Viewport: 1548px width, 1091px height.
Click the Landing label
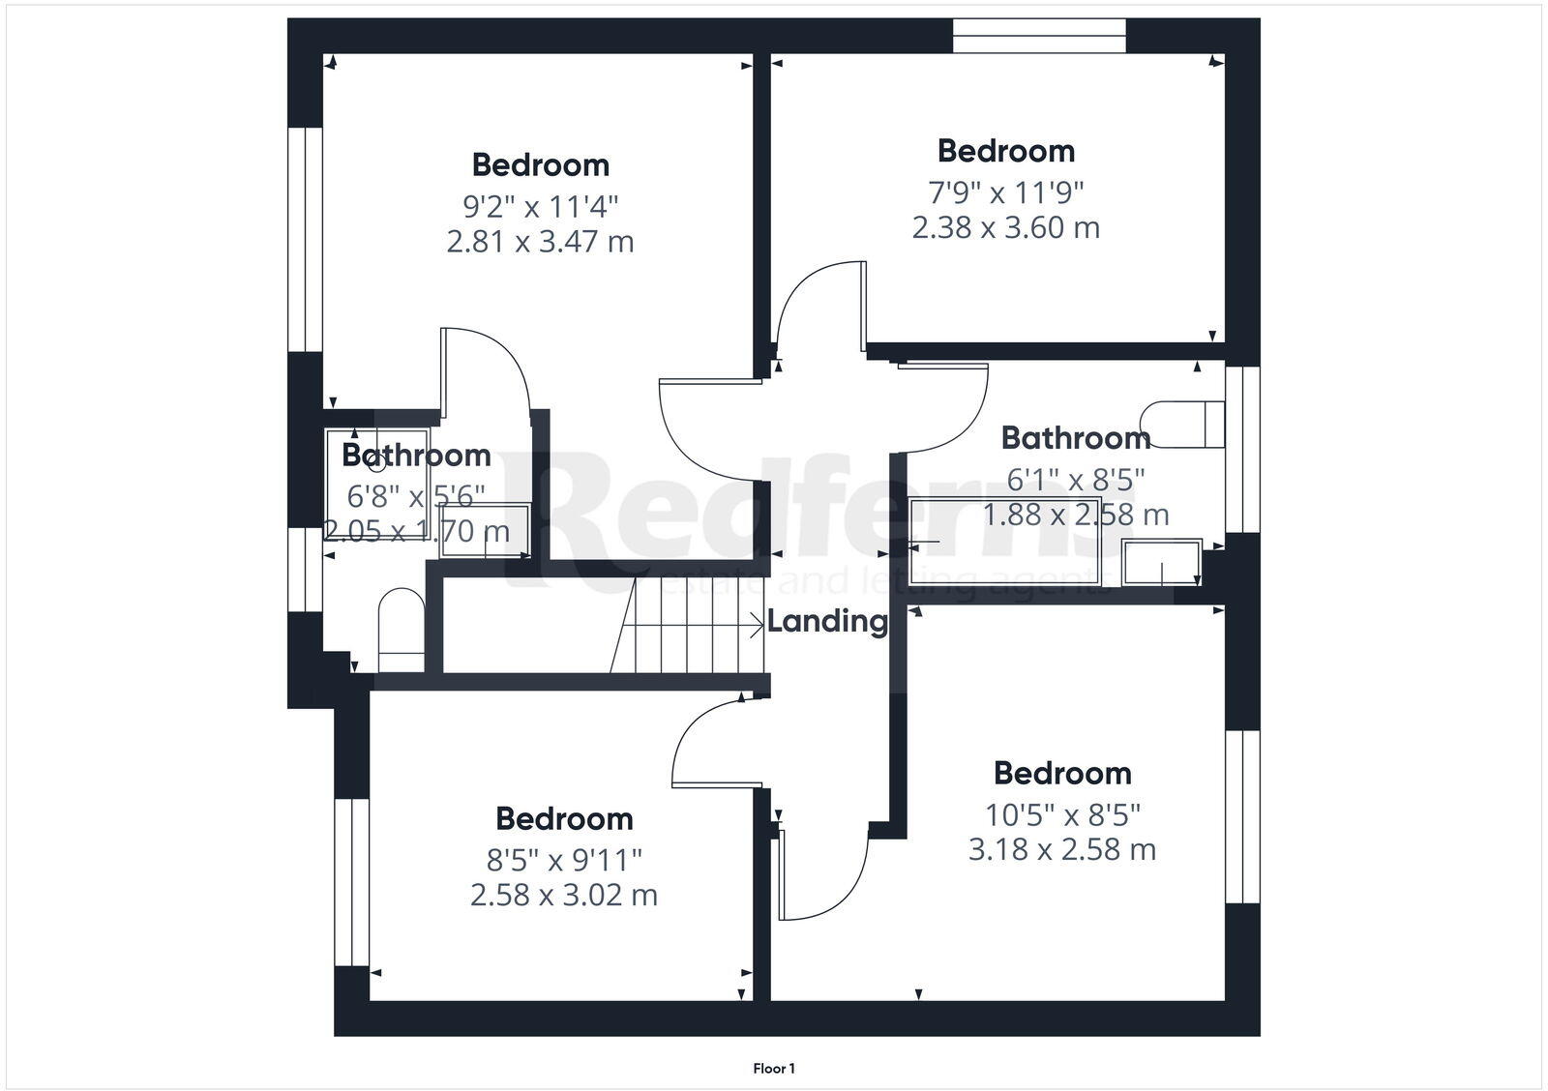click(827, 621)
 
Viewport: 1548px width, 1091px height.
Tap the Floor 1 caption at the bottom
click(774, 1069)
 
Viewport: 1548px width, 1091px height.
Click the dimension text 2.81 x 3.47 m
click(540, 241)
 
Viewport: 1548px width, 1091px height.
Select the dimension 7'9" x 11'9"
click(1006, 192)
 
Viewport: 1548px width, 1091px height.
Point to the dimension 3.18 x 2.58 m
click(1062, 849)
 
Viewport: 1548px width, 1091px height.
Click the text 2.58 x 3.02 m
click(564, 895)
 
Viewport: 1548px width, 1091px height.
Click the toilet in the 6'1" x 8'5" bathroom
click(1182, 424)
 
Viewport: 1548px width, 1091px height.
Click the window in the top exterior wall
click(1039, 35)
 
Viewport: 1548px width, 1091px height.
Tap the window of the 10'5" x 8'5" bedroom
click(1242, 816)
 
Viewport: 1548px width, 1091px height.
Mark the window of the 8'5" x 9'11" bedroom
click(352, 881)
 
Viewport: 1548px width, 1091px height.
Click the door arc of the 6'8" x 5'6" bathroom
click(493, 372)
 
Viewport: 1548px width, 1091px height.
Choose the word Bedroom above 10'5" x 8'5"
click(1062, 773)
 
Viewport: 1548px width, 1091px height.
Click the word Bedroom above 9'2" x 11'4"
click(540, 164)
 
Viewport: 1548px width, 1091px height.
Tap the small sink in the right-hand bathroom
click(1161, 562)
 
